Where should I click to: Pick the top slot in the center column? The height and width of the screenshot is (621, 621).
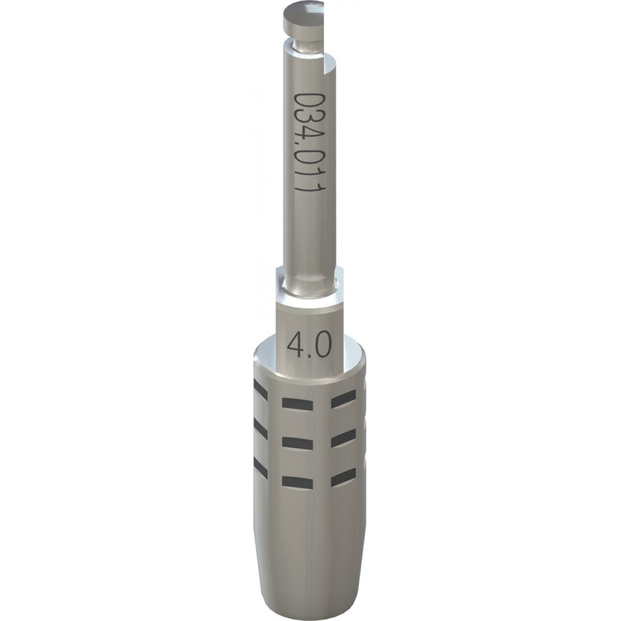[x=297, y=403]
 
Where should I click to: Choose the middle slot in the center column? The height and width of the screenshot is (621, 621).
[x=297, y=443]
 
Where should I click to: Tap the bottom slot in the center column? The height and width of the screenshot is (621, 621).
[x=297, y=482]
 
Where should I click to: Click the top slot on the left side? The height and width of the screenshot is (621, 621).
[x=260, y=390]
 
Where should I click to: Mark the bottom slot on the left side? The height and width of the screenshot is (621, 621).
[x=260, y=468]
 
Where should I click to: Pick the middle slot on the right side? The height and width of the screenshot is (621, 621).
[x=343, y=439]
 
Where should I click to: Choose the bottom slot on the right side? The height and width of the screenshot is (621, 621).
[x=343, y=478]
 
